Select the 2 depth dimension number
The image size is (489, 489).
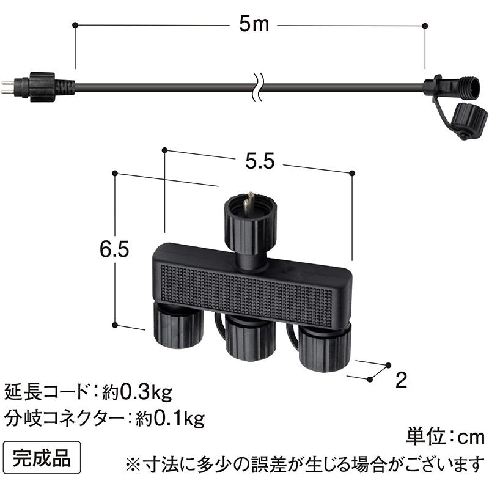[402, 381]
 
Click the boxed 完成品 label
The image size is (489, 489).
[42, 456]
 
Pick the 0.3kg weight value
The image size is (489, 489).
[146, 389]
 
